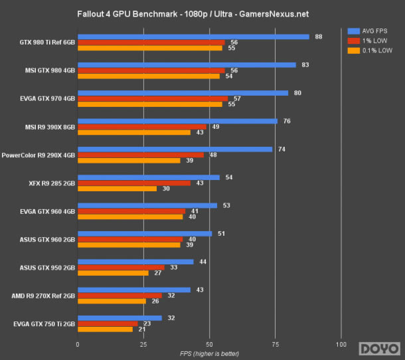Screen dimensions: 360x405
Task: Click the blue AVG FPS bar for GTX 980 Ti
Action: [x=193, y=37]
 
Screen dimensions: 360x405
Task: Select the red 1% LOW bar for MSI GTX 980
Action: [x=151, y=70]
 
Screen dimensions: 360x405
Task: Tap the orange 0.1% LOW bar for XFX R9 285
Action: [x=118, y=189]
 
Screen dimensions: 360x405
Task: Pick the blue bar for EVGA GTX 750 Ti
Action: [x=120, y=318]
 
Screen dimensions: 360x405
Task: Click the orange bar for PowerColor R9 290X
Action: [x=129, y=161]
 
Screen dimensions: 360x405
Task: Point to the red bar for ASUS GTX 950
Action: [x=121, y=268]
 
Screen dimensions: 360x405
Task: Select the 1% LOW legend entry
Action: [x=369, y=40]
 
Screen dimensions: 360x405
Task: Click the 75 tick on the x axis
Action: [x=275, y=345]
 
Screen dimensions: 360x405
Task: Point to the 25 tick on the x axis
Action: [x=143, y=345]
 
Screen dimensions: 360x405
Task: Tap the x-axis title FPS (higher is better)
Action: [x=209, y=353]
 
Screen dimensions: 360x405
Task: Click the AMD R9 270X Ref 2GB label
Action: [x=43, y=296]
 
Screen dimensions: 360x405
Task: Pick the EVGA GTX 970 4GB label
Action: [x=46, y=99]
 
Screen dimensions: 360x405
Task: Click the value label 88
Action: [x=319, y=37]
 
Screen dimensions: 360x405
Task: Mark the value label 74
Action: [x=282, y=149]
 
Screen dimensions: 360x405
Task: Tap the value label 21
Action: [x=142, y=329]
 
